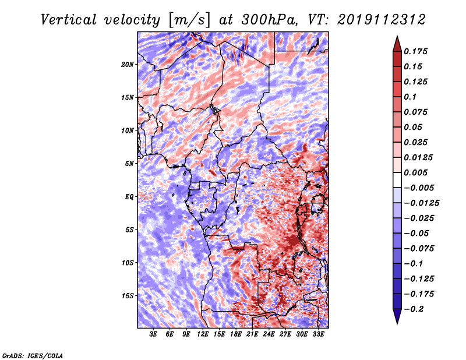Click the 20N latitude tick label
128,64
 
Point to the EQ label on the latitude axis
129,196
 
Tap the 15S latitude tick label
128,295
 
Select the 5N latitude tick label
129,163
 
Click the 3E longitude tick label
154,334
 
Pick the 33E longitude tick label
319,334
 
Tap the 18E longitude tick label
236,334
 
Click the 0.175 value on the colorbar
418,51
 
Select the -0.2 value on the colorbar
415,309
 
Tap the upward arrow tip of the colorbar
397,38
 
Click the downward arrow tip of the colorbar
397,321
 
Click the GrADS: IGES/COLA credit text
33,355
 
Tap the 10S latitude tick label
128,262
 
